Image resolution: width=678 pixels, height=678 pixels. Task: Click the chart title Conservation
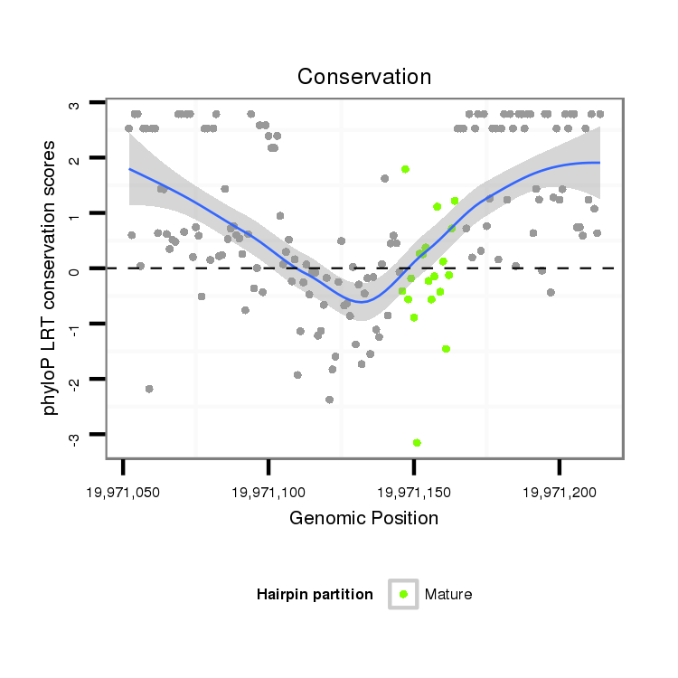click(x=364, y=77)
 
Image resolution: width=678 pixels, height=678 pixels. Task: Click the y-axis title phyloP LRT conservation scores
click(x=51, y=277)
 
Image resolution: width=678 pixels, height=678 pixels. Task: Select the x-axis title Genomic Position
click(x=363, y=518)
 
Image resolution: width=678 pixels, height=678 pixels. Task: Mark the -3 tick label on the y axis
click(x=74, y=436)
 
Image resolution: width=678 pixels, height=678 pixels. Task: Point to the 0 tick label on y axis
click(x=74, y=269)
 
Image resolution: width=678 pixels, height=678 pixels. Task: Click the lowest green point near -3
click(x=417, y=442)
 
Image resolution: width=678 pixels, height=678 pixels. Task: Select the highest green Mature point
click(x=406, y=169)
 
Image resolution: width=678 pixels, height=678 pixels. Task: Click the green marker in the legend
click(x=403, y=594)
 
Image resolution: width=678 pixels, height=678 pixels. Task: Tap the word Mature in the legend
click(x=448, y=594)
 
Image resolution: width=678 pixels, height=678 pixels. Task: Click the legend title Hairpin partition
click(x=315, y=594)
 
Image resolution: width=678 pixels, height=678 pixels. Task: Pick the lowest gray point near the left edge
click(x=149, y=389)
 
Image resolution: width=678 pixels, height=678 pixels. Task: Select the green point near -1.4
click(x=446, y=348)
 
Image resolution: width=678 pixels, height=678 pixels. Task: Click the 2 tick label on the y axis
click(x=74, y=158)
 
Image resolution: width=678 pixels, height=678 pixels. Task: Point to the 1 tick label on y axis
click(x=74, y=214)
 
